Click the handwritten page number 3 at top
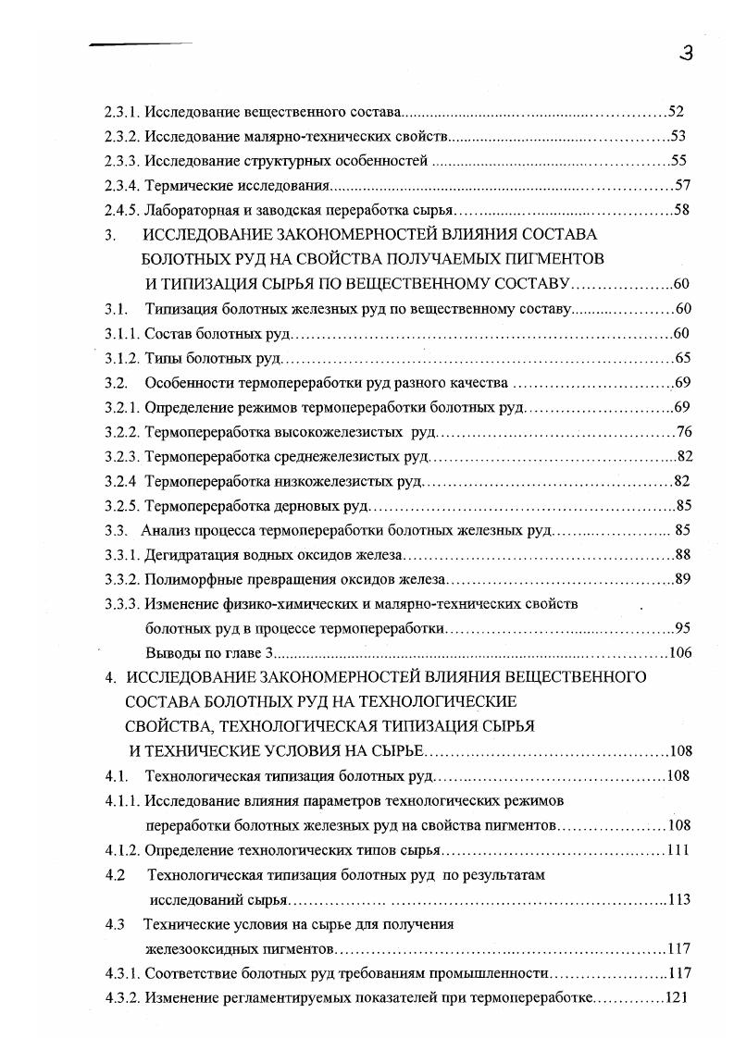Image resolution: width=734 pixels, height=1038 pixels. (685, 55)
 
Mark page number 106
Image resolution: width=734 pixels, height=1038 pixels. (679, 652)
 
